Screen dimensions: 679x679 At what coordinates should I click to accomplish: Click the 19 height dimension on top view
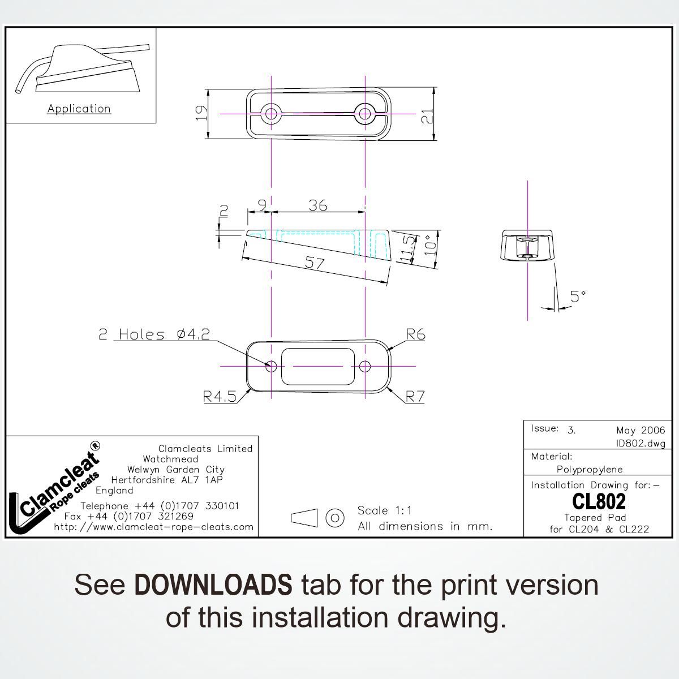click(199, 113)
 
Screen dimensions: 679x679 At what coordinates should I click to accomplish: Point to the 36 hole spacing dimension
click(318, 205)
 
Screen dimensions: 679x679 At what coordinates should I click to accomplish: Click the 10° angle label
click(431, 247)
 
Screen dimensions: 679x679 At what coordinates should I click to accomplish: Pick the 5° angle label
click(577, 296)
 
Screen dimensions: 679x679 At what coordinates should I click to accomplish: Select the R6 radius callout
click(415, 334)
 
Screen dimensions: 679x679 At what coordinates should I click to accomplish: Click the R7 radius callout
click(415, 397)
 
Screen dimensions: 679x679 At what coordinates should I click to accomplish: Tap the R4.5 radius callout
click(220, 397)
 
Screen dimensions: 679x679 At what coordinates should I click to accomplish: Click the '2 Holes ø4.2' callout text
click(154, 334)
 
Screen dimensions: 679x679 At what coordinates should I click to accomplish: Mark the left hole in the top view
click(272, 114)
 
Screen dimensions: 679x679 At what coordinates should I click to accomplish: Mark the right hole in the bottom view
click(365, 367)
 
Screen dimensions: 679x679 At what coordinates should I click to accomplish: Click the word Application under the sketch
click(79, 109)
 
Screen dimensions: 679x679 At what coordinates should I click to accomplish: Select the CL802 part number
click(599, 501)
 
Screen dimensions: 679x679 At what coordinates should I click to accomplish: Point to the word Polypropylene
click(590, 469)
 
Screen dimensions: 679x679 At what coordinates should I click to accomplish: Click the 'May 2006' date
click(641, 431)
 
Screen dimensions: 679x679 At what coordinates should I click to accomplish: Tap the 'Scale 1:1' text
click(384, 510)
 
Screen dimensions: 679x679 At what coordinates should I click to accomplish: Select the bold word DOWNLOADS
click(213, 585)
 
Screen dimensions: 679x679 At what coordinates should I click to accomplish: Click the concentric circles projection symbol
click(336, 517)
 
